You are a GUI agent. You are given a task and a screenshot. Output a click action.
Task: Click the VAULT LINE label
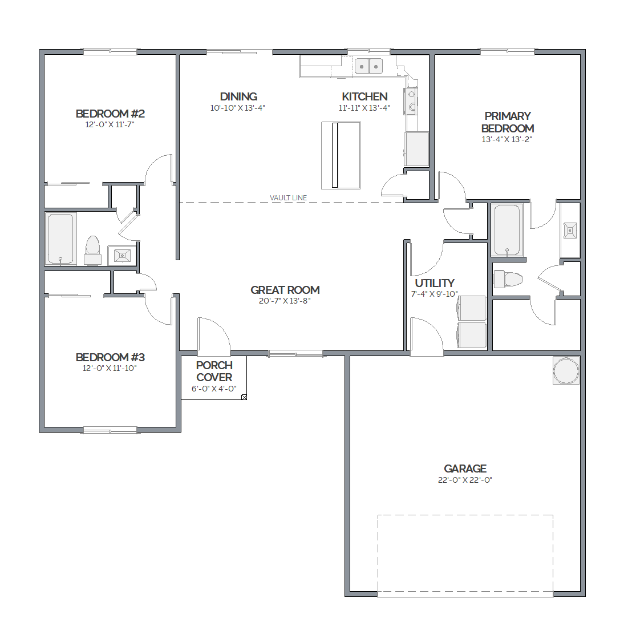coord(288,197)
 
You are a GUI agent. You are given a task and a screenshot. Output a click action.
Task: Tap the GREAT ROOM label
coord(285,290)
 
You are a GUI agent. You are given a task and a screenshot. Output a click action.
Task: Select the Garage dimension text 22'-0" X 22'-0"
coord(465,480)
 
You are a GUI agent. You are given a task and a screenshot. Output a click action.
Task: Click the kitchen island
coord(341,155)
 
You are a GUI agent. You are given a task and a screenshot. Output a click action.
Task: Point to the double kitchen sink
coord(368,66)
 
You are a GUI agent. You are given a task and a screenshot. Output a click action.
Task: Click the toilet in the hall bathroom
coord(92,251)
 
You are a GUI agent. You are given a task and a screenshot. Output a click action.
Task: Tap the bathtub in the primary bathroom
coord(507,230)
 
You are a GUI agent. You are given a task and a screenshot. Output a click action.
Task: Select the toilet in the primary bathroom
coord(508,279)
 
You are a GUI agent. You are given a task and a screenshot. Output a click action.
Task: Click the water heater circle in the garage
coord(566,370)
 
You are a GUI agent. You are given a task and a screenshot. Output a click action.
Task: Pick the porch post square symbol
coord(244,398)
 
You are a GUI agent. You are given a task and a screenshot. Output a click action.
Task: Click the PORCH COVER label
coord(214,371)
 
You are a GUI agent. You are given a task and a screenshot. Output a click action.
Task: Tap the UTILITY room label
coord(435,283)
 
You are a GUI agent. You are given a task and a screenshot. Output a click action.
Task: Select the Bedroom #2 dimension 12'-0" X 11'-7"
coord(110,124)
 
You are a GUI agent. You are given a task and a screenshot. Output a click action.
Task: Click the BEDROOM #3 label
coord(110,357)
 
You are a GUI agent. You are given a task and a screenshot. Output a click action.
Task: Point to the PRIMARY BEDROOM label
coord(508,122)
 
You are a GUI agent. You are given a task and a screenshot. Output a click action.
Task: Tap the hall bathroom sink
coord(122,256)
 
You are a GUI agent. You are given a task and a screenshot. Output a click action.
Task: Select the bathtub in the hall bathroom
coord(60,239)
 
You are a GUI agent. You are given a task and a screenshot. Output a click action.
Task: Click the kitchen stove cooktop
coord(411,100)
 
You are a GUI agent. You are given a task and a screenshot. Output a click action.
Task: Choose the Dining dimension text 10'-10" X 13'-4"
coord(238,108)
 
